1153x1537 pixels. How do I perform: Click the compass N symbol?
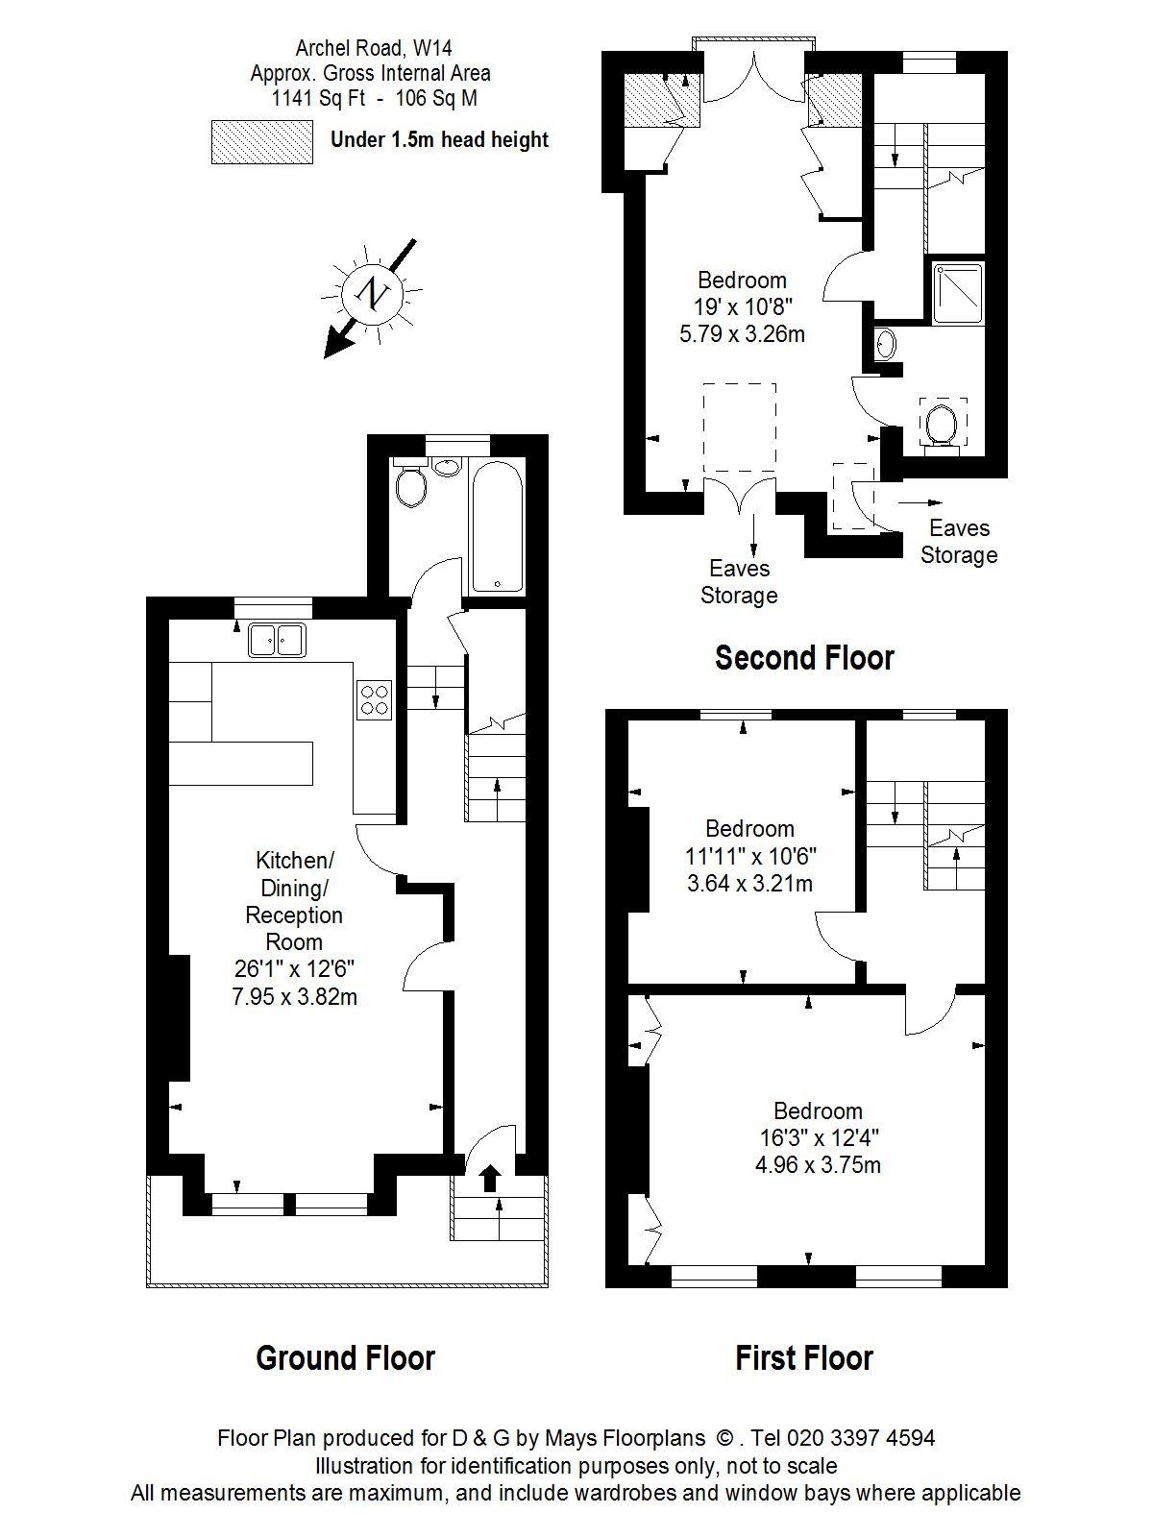pos(372,294)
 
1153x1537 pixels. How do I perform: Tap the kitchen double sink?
pos(277,639)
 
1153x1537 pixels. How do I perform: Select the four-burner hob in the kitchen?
pos(374,699)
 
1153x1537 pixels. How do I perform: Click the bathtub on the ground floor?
pos(497,526)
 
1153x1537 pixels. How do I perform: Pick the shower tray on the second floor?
pos(958,293)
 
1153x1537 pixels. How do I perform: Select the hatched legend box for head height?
pos(262,142)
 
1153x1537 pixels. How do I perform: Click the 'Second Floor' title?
pos(804,657)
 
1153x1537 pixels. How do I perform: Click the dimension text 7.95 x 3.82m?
pos(295,996)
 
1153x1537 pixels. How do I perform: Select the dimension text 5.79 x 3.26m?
pos(742,334)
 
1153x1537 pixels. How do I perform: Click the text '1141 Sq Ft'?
pos(319,99)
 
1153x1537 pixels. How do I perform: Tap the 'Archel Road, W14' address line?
pos(373,48)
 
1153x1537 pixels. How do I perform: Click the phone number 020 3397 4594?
pos(861,1437)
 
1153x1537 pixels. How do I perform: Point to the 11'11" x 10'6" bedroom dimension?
pos(750,856)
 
